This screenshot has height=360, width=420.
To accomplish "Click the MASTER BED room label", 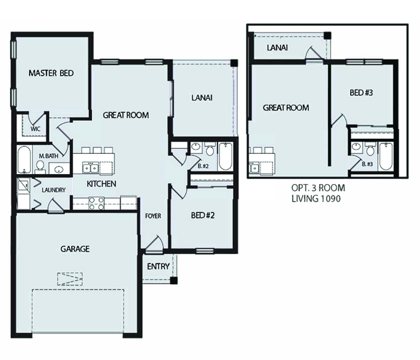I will point(51,74).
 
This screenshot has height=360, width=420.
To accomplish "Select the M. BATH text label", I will point(48,156).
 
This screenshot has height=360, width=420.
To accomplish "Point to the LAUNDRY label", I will point(54,190).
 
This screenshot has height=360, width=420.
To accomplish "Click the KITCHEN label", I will point(101,184).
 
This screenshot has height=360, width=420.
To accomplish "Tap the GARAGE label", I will point(75,249).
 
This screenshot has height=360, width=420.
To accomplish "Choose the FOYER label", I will point(153,216).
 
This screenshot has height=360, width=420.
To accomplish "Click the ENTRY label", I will point(158,266).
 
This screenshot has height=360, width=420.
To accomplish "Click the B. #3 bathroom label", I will point(368,164).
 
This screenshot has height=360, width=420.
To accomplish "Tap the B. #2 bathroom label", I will point(203,166).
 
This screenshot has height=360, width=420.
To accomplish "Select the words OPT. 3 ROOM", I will point(318,188).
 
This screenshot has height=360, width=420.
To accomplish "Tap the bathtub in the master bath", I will point(23,161).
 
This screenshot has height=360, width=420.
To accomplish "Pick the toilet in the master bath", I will point(40,167).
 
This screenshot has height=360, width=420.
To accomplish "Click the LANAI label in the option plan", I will point(279,48).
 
